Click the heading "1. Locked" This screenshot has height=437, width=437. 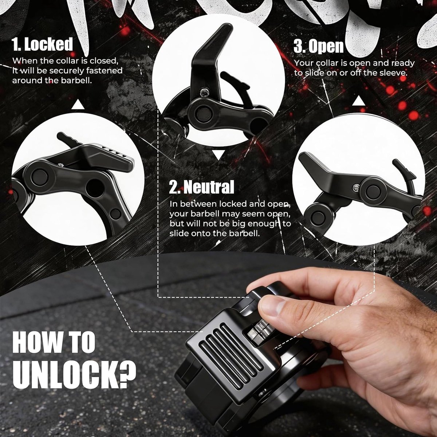[42, 44]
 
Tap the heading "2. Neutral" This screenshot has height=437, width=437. [202, 187]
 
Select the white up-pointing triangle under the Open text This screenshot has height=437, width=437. [359, 101]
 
